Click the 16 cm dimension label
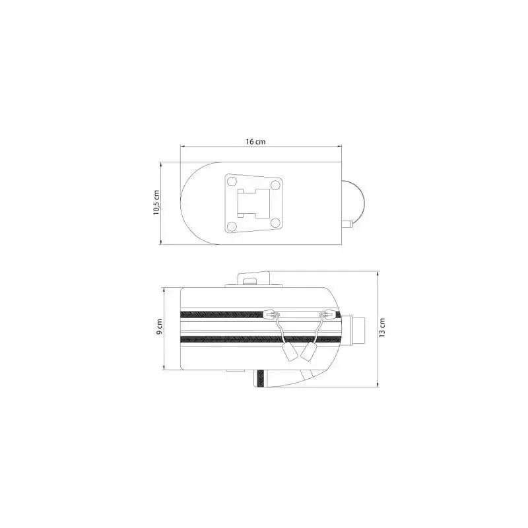[255, 141]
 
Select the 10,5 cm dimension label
[156, 203]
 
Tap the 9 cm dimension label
[159, 327]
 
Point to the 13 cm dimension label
[382, 327]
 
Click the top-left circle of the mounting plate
[232, 182]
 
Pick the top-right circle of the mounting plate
[275, 185]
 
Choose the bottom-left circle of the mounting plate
[232, 226]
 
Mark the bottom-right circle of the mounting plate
[275, 222]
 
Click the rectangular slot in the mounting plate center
[253, 203]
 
